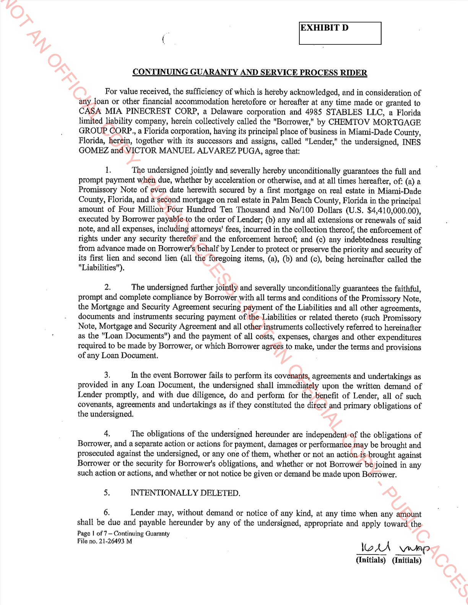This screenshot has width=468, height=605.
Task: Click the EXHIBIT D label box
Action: [340, 33]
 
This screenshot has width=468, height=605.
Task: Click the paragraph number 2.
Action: [108, 287]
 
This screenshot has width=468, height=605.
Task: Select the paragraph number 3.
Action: [107, 376]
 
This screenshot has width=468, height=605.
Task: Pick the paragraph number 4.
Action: [107, 434]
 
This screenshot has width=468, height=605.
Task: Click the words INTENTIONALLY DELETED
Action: [185, 493]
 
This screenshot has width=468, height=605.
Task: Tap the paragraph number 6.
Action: [107, 512]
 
